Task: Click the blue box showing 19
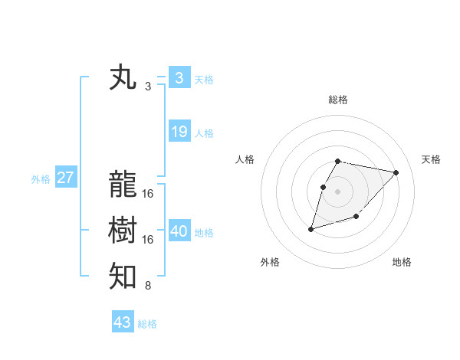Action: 179,132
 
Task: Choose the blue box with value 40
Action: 179,231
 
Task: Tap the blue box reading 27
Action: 66,178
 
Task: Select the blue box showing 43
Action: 123,322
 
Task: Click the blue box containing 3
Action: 179,77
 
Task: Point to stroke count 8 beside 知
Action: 148,286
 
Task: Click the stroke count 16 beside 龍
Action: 148,194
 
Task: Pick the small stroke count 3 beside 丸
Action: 148,87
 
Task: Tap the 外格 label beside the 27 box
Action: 41,179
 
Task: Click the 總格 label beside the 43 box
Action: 147,324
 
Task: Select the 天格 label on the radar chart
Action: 431,159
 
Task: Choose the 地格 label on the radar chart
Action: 402,262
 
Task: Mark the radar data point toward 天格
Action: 396,172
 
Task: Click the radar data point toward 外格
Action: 311,228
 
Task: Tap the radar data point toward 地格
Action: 356,218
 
